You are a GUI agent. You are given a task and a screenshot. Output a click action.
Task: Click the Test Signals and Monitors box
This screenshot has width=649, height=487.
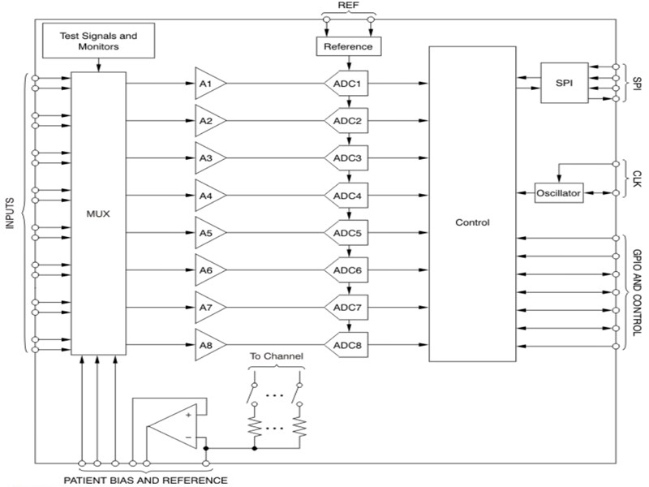(x=99, y=41)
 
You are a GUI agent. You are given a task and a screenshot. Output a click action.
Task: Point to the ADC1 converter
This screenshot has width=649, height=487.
(x=347, y=84)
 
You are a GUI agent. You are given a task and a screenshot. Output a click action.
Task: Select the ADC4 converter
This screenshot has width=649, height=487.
(x=347, y=196)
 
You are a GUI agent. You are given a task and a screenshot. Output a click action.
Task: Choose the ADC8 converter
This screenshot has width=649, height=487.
(x=347, y=345)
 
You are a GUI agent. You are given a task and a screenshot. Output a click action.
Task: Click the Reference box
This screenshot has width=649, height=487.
(x=347, y=46)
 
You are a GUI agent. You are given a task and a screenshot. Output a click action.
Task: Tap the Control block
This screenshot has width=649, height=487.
(x=472, y=221)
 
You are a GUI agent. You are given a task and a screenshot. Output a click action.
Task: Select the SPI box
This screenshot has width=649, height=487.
(x=565, y=82)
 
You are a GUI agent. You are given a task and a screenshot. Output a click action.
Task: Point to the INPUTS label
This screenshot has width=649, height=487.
(x=11, y=213)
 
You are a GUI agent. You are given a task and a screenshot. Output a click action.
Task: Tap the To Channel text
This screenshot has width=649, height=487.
(x=277, y=356)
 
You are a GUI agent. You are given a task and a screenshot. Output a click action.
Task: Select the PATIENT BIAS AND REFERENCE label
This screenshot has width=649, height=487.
(x=146, y=479)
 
